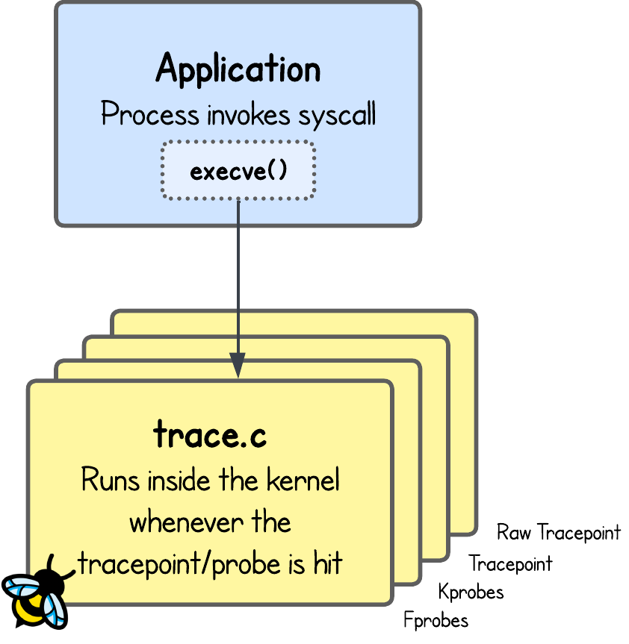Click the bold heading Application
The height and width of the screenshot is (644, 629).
[x=238, y=69]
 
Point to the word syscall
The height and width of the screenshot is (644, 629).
[x=337, y=116]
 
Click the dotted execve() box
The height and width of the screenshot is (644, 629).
[x=238, y=171]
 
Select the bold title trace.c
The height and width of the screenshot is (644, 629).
[x=210, y=435]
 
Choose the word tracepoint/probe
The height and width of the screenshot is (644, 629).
[x=179, y=564]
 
